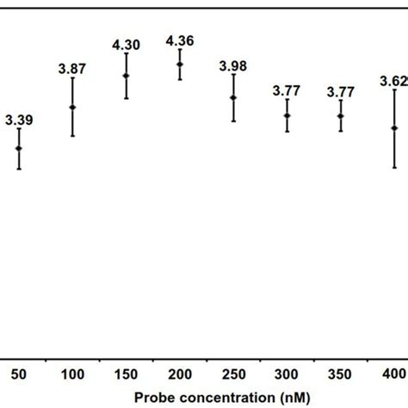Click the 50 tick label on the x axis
[19, 374]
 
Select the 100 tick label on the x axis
[72, 374]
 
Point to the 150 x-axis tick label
[127, 374]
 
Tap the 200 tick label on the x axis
[180, 374]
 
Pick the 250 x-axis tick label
[233, 374]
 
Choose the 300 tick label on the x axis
[287, 374]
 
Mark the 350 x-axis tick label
[341, 374]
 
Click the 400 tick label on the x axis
[394, 374]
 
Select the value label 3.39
[19, 121]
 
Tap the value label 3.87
[72, 68]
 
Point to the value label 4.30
[127, 43]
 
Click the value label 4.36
[180, 38]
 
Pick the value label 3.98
[233, 65]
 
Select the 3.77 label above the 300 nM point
[287, 90]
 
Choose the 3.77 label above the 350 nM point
[341, 90]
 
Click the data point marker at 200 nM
[180, 65]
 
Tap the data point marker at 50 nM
[19, 148]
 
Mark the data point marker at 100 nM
[72, 108]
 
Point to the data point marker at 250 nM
[233, 97]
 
